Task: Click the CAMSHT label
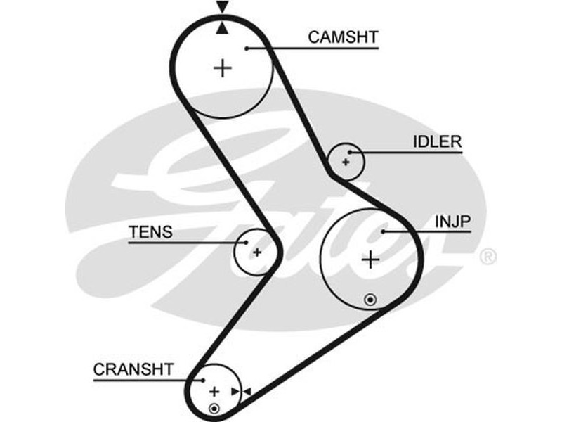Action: click(343, 37)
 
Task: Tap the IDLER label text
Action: click(437, 142)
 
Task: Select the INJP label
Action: click(452, 222)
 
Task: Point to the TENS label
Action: click(150, 232)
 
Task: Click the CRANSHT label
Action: click(133, 369)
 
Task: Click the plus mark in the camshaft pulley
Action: click(223, 68)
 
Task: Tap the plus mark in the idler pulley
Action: click(346, 162)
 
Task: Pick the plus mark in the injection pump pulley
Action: click(370, 260)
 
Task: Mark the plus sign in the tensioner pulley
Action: click(257, 252)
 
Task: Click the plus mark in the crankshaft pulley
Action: click(214, 391)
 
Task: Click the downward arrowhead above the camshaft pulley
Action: click(223, 8)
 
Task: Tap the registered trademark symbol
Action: click(487, 257)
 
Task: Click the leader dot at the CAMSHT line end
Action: click(248, 48)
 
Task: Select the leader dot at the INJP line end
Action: click(384, 231)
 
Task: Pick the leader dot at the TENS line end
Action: click(245, 242)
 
